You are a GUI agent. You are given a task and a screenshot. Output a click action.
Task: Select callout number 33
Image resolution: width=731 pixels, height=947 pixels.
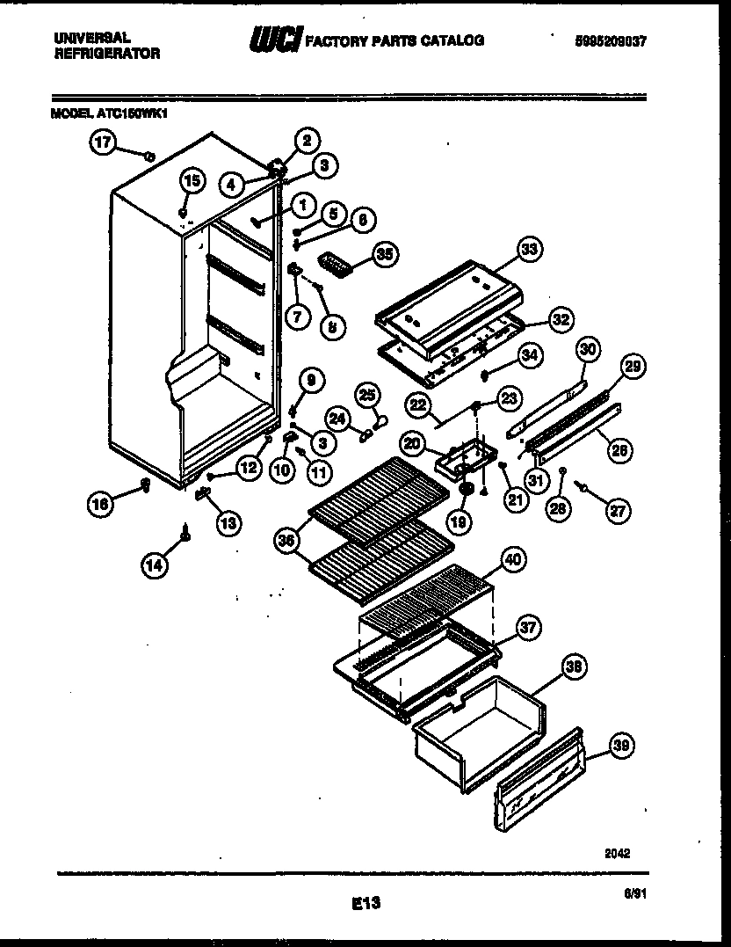pyautogui.click(x=528, y=251)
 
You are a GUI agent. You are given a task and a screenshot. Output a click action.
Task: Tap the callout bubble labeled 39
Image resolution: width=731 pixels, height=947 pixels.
pyautogui.click(x=621, y=747)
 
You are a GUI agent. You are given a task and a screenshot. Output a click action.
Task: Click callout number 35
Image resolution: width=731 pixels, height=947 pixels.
pyautogui.click(x=384, y=254)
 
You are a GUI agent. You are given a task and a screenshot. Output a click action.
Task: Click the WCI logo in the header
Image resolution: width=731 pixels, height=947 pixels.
pyautogui.click(x=276, y=40)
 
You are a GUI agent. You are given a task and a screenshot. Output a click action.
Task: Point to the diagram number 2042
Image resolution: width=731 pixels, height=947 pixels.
pyautogui.click(x=618, y=852)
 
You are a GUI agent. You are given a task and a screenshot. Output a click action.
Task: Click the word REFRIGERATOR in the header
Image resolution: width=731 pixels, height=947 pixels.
pyautogui.click(x=106, y=54)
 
